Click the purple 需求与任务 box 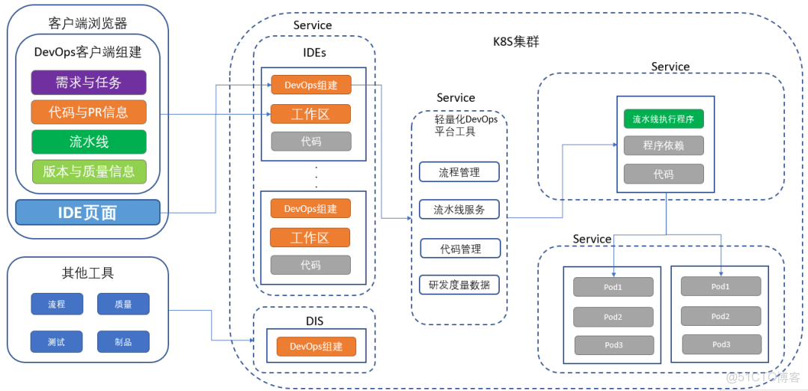coord(88,82)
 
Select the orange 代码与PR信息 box coord(88,112)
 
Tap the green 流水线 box coord(88,142)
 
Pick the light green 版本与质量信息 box coord(88,172)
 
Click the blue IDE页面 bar coord(88,212)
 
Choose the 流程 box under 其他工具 coord(57,304)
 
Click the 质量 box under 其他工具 coord(123,304)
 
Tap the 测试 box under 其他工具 coord(56,342)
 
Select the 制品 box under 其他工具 coord(123,342)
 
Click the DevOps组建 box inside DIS coord(316,347)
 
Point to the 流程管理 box coord(459,172)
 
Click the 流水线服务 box coord(459,210)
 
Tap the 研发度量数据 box coord(459,285)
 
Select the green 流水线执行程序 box coord(664,118)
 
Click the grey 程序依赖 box coord(664,145)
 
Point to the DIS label coord(314,321)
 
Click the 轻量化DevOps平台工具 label coord(466,125)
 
